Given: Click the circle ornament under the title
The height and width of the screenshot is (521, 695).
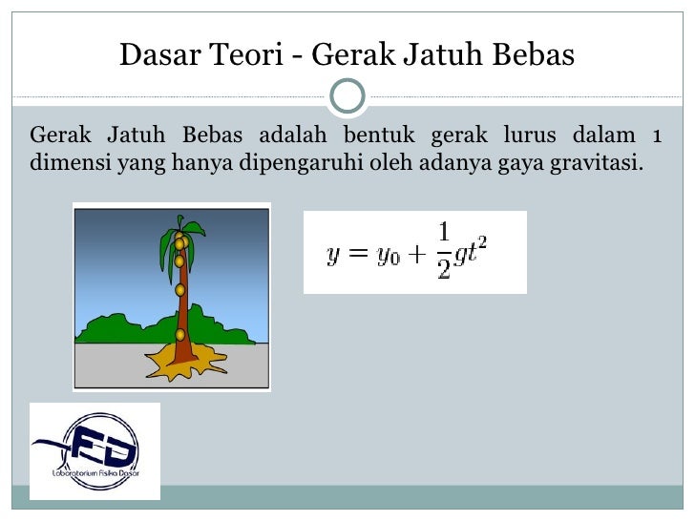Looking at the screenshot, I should pos(347,95).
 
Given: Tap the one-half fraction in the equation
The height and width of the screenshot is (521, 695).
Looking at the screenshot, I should pos(443,251).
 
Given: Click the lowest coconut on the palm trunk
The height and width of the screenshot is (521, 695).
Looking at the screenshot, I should pos(180,334).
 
